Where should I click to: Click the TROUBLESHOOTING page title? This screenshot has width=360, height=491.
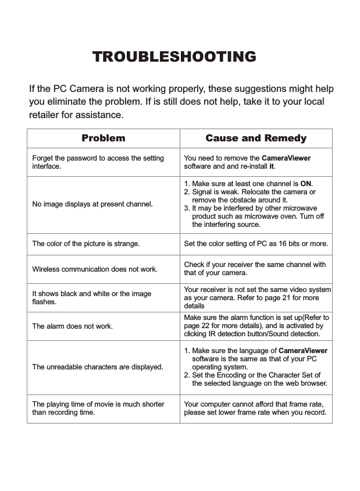(174, 56)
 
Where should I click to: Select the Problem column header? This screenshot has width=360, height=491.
(103, 138)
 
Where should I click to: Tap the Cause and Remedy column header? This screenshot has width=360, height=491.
(256, 138)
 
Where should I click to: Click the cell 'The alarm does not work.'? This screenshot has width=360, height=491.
(73, 326)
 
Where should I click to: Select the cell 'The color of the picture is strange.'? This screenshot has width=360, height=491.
(85, 244)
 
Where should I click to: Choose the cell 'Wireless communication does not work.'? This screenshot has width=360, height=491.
(94, 269)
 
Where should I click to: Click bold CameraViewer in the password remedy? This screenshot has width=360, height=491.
(286, 158)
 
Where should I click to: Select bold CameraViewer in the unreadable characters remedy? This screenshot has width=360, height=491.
(303, 351)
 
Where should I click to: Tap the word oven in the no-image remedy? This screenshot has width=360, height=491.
(293, 216)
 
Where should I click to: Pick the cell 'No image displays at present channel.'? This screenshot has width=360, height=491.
(92, 204)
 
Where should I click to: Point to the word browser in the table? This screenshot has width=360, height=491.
(314, 383)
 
